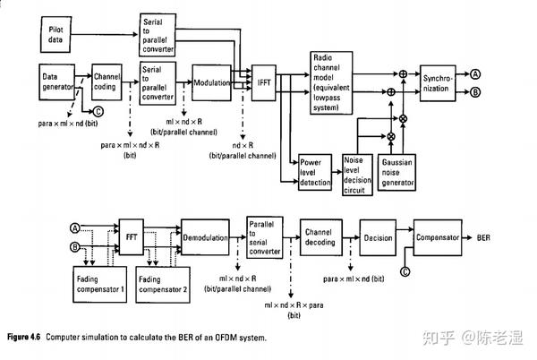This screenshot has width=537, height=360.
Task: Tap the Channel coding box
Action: pyautogui.click(x=109, y=83)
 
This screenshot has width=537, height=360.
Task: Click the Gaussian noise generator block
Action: pyautogui.click(x=397, y=173)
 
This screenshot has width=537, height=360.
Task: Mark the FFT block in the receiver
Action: pyautogui.click(x=132, y=239)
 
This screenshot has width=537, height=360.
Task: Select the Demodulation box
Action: pyautogui.click(x=207, y=238)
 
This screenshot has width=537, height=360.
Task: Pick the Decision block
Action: pyautogui.click(x=379, y=238)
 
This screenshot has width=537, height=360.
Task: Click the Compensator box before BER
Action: pyautogui.click(x=439, y=237)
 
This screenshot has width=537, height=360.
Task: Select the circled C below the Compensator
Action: pyautogui.click(x=405, y=270)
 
